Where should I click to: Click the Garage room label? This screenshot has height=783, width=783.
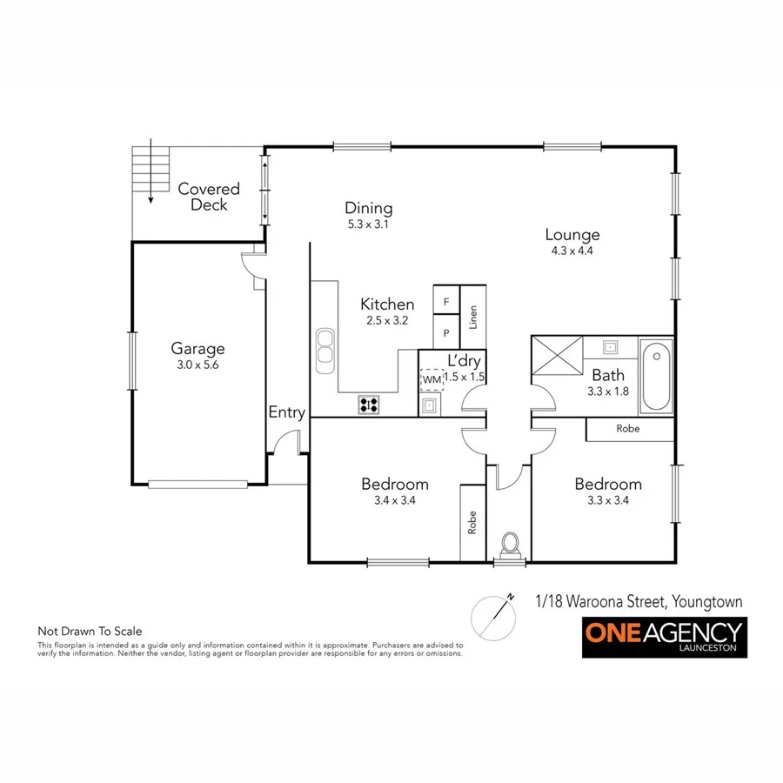pos(197,349)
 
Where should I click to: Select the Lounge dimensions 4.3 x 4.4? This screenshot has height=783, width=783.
pos(572,251)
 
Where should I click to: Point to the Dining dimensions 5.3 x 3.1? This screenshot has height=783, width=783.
pos(369,224)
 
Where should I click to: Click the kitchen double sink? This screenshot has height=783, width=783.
pos(325,345)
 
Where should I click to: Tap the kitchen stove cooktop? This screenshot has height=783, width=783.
pos(369,404)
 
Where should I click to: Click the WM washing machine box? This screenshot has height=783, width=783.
pos(432,379)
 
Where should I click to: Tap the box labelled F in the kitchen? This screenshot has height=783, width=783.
pos(446,302)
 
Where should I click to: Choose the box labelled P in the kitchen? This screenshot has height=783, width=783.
pos(446,332)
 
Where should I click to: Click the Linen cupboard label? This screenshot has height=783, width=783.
pos(473,317)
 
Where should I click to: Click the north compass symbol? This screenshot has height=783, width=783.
pos(493,616)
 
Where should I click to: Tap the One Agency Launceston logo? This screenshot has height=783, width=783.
pos(664,637)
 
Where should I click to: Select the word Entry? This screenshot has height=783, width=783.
pos(286,412)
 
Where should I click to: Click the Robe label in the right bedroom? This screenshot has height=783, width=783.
pos(628,428)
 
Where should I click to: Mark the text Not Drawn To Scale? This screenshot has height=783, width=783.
pos(90,632)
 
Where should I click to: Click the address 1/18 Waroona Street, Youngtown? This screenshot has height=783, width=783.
pos(639,601)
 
